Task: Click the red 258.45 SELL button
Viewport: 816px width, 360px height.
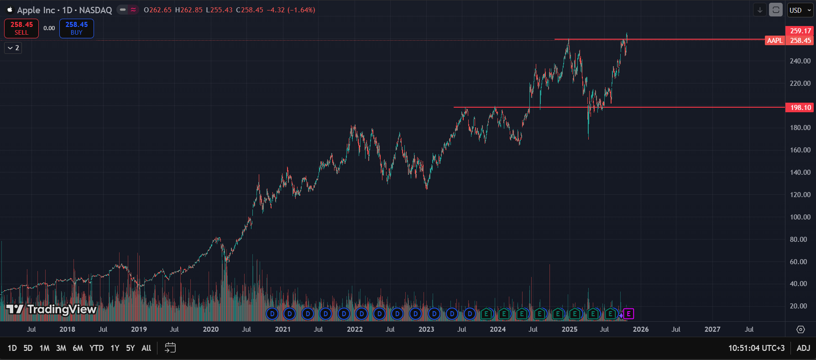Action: coord(21,28)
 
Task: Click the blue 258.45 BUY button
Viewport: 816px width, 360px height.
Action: coord(77,28)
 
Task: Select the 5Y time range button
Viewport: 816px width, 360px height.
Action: coord(131,348)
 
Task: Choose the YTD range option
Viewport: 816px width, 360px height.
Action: coord(96,348)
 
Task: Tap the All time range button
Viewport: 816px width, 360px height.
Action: coord(146,348)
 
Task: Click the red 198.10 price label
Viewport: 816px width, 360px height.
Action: coord(800,108)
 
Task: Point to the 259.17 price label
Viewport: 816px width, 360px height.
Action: coord(800,31)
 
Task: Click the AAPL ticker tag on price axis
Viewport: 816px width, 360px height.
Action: coord(774,41)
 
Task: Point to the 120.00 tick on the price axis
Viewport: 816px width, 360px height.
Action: coord(800,195)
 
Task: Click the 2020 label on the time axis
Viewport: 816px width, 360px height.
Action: coord(211,329)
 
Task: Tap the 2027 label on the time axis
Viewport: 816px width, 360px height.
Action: coord(712,329)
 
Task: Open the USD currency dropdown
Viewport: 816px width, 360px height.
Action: coord(800,10)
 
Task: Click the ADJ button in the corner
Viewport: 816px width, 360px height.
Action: coord(803,348)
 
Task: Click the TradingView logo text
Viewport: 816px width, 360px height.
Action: coord(62,309)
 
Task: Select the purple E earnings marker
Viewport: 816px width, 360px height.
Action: coord(629,314)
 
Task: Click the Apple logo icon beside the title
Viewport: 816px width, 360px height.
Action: coord(10,10)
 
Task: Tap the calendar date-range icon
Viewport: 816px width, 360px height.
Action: coord(170,348)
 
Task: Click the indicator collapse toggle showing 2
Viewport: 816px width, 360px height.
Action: coord(13,48)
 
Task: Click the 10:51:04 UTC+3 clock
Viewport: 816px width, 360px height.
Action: coord(756,348)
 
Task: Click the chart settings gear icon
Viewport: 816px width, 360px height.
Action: coord(800,329)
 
